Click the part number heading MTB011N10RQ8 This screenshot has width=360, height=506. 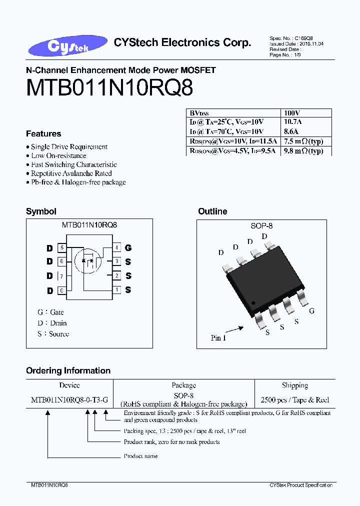click(109, 88)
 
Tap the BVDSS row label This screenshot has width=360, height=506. click(200, 113)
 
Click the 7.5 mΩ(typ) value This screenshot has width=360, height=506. click(303, 141)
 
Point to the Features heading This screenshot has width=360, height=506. click(43, 134)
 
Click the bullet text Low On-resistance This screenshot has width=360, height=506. click(58, 155)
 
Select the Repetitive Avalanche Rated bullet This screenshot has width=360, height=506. click(71, 173)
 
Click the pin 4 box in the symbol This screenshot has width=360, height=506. click(116, 247)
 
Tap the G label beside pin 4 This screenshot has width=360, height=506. click(128, 247)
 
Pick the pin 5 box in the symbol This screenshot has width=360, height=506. click(61, 247)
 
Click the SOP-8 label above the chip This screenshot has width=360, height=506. click(261, 226)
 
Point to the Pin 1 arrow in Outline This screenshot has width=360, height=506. click(233, 330)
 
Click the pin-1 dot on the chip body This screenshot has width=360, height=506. click(253, 303)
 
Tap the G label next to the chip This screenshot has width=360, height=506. click(311, 311)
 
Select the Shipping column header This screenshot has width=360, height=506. click(294, 385)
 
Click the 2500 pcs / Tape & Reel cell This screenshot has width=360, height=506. click(294, 399)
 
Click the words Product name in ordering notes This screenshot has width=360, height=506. click(140, 456)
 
